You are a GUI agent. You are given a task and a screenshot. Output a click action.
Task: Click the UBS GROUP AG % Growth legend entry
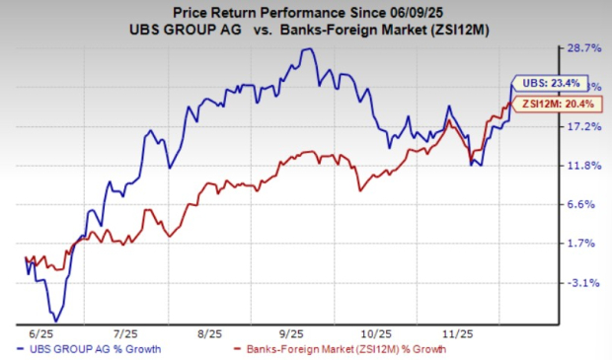tap(95, 348)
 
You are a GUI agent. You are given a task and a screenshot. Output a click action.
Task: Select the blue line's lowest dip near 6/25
tap(56, 321)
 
